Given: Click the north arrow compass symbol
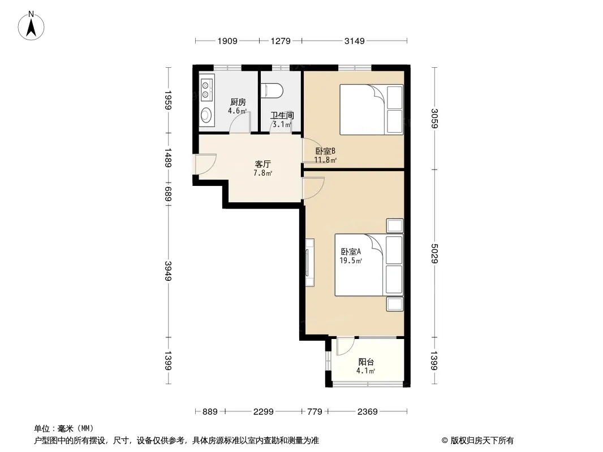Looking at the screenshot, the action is tap(31, 26).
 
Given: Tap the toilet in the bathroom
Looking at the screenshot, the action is tap(272, 90).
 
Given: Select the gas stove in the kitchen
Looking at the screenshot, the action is tap(206, 90).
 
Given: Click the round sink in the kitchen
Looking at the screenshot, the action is tap(206, 115).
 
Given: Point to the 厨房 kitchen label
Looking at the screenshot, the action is tap(238, 102).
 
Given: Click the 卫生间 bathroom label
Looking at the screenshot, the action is tap(282, 115).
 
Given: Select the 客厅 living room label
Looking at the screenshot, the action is tap(262, 164).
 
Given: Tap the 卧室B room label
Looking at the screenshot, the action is tap(325, 151).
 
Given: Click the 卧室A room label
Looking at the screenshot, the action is tap(351, 251).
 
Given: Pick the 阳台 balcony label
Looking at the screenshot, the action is tap(366, 362).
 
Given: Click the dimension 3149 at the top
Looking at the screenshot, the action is tap(354, 41).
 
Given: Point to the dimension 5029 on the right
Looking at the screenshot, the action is tap(434, 254).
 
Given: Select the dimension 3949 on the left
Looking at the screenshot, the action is tap(168, 271).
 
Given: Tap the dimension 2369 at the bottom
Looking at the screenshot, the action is tap(367, 412).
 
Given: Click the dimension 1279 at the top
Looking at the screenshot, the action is tap(281, 41).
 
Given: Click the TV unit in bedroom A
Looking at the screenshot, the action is tap(309, 262).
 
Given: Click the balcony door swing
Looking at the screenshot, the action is tap(345, 346).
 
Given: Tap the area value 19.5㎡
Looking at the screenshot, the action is tap(351, 260).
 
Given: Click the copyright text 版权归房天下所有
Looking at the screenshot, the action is tap(482, 441).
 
